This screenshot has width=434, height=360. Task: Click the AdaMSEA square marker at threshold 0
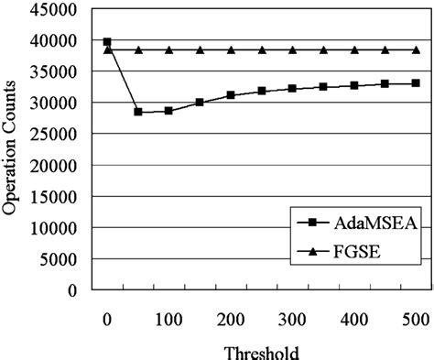point(107,41)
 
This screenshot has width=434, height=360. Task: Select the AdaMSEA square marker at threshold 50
point(138,112)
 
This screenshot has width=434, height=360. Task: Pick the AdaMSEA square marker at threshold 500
point(417,82)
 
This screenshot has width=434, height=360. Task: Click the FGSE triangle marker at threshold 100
point(168,49)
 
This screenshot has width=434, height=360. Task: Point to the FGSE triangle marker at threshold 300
point(292,49)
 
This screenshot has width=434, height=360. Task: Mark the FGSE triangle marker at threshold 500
point(417,49)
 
